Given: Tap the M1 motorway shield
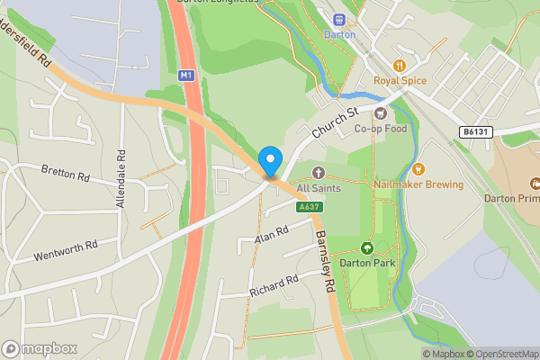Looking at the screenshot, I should point(186,76).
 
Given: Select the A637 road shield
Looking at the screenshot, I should point(309,207).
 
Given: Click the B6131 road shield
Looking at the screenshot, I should point(477,131).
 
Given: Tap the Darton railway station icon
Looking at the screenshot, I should point(339,20).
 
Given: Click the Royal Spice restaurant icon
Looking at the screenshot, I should point(400,65).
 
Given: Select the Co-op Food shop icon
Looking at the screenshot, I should point(381,113).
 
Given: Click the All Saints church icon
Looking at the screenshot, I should point(317,172).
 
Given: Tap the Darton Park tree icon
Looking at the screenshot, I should point(366,247).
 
